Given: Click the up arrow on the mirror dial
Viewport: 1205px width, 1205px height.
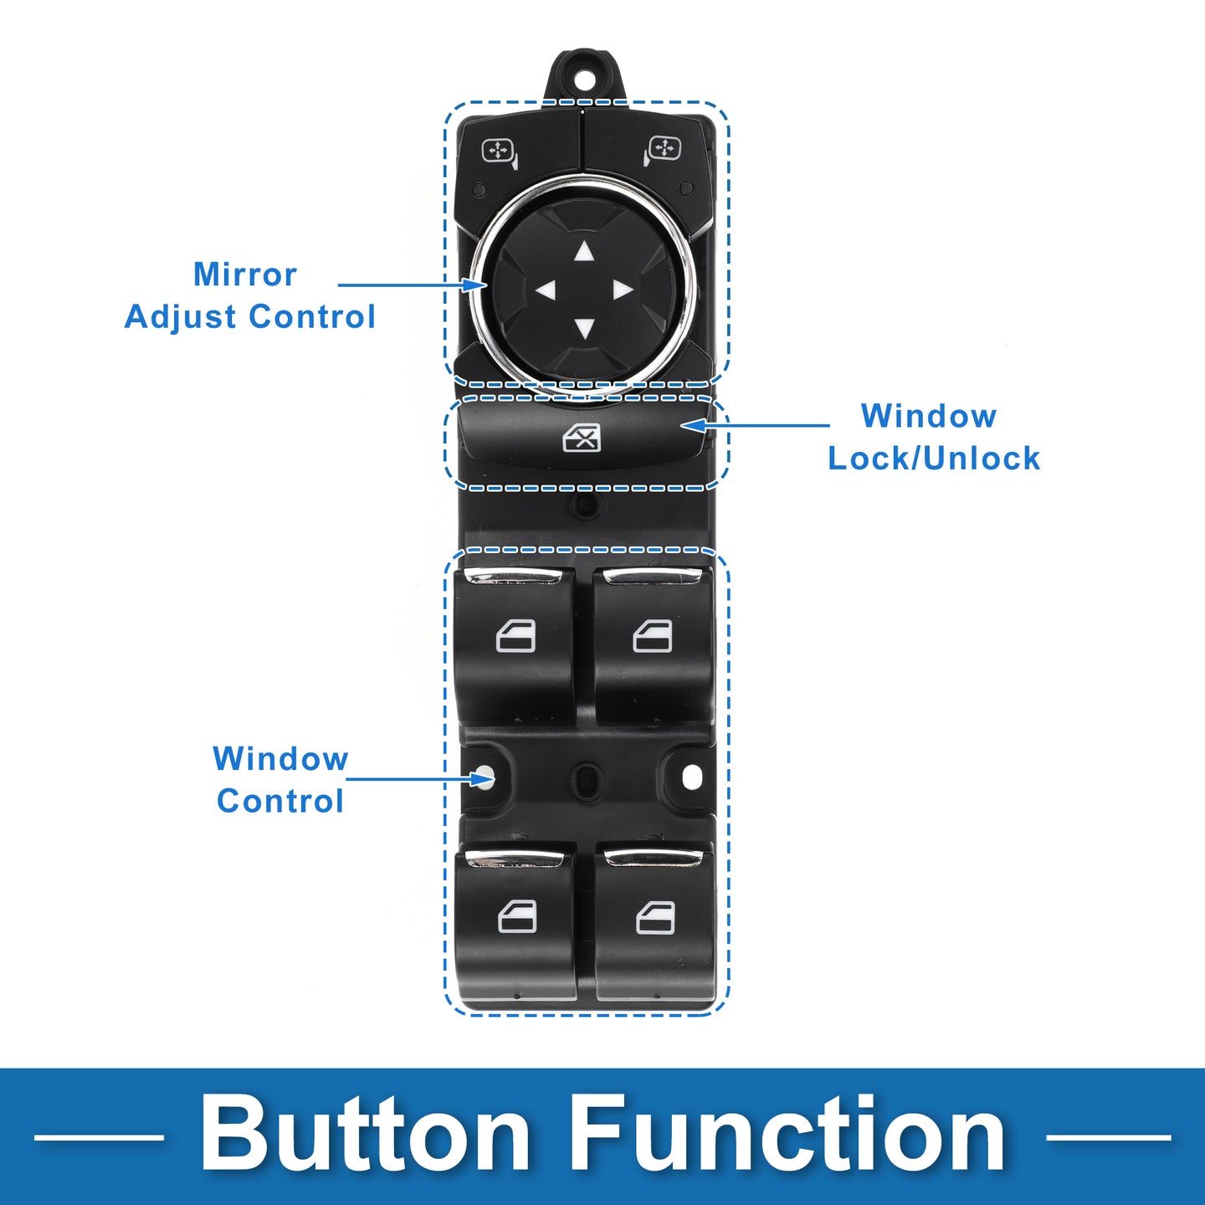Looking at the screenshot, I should (x=584, y=251).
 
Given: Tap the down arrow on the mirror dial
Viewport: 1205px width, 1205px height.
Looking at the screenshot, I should (x=584, y=328).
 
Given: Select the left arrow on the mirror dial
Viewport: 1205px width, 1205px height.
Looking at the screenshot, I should (x=546, y=290).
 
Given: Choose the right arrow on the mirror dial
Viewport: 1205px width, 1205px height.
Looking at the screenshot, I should (x=623, y=290).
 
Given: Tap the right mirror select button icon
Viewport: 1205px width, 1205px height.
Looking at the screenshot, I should (x=663, y=151).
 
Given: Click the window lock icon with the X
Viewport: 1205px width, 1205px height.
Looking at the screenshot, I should (x=582, y=437).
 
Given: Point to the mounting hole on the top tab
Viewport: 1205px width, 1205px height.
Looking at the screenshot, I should (x=584, y=79).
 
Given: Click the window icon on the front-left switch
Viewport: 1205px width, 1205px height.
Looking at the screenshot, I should (x=515, y=638).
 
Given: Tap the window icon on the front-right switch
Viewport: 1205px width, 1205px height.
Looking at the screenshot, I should (x=653, y=637).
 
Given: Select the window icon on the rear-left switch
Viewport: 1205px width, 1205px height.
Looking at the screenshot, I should (x=517, y=917).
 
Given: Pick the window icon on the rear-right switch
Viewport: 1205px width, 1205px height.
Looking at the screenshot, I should (x=655, y=918).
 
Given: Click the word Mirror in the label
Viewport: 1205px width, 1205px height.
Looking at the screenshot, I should (x=244, y=274).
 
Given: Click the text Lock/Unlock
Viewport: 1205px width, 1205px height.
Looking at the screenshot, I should (x=934, y=459).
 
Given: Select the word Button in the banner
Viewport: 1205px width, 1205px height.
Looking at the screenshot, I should (x=365, y=1136).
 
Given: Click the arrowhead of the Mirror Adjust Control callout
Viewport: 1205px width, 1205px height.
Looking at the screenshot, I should (x=479, y=285).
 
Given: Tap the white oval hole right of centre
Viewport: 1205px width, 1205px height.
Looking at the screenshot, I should (x=692, y=777).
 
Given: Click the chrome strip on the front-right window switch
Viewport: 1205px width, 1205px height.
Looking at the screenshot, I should (x=652, y=576).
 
